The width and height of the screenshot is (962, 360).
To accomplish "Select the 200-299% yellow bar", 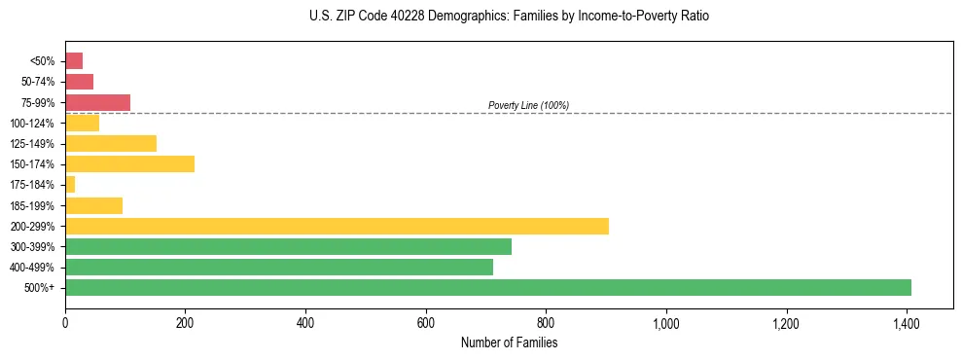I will pyautogui.click(x=337, y=226).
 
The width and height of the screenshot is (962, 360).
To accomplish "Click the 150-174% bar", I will pyautogui.click(x=129, y=163).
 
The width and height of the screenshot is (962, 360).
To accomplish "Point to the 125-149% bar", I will pyautogui.click(x=111, y=143).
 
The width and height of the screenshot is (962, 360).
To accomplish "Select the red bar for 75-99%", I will pyautogui.click(x=97, y=102).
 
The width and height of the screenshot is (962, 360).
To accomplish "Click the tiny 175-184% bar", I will pyautogui.click(x=70, y=184).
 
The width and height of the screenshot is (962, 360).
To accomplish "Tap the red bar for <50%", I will pyautogui.click(x=74, y=60).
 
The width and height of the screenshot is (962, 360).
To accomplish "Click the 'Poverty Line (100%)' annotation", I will pyautogui.click(x=528, y=105).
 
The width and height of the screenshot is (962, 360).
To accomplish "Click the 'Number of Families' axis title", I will pyautogui.click(x=510, y=342).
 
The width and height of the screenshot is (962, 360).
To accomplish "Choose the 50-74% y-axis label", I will pyautogui.click(x=39, y=82).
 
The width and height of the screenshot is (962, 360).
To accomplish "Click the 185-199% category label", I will pyautogui.click(x=36, y=205).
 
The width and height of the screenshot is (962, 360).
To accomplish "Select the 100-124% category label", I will pyautogui.click(x=36, y=123).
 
